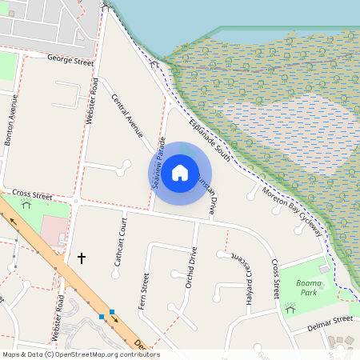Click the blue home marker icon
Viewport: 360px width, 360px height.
[x=180, y=172]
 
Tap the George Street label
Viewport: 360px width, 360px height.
[x=71, y=58]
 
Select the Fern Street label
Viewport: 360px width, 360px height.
[x=145, y=292]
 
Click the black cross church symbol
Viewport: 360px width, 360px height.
[x=81, y=258]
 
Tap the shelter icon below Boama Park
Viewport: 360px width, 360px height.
[x=290, y=308]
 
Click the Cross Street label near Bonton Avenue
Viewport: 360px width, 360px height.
[x=33, y=194]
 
